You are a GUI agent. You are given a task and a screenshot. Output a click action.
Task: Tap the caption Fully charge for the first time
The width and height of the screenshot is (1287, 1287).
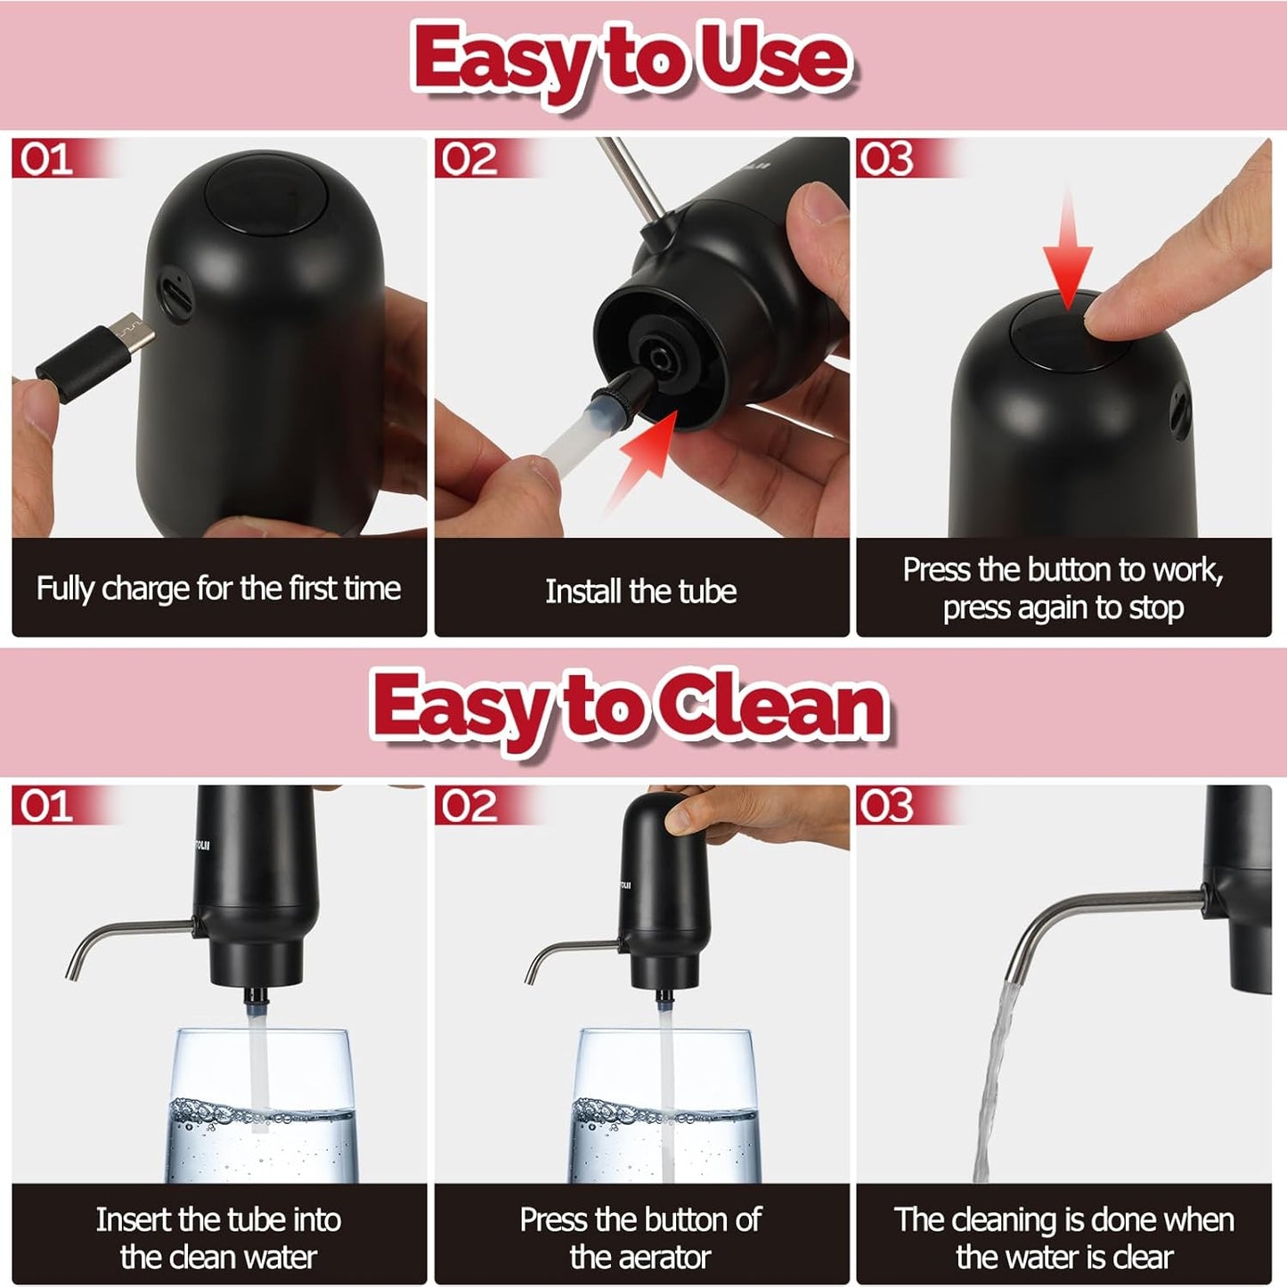218,589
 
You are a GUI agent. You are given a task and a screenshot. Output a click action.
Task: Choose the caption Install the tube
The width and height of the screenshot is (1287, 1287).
640,591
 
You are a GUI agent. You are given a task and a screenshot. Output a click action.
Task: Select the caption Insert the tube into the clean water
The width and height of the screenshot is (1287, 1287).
218,1237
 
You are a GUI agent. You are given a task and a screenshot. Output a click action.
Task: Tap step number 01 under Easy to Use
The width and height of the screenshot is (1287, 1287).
46,159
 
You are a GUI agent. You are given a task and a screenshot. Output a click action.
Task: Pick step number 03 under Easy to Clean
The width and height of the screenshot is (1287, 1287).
886,806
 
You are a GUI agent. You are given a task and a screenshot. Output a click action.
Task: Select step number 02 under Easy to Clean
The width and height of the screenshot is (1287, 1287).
468,806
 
